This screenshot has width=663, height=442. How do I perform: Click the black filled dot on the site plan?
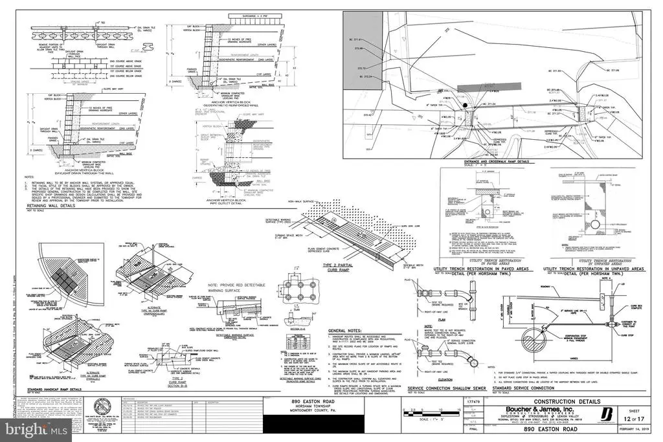pos(465,106)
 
